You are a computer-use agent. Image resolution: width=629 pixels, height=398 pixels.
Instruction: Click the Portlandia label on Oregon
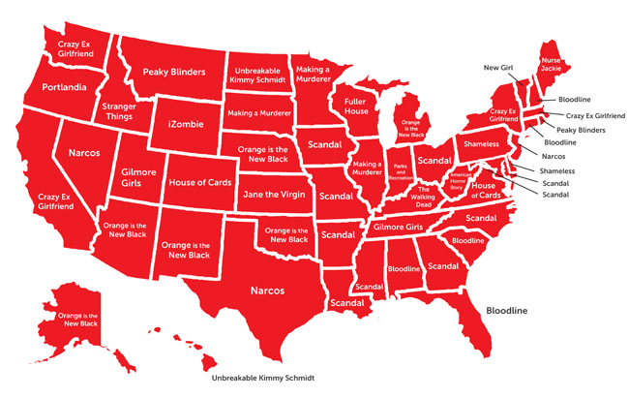[x=65, y=88]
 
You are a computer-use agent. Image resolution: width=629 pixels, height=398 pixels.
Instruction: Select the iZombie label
[x=184, y=125]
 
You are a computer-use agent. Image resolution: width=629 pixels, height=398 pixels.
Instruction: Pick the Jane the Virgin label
[x=272, y=194]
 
